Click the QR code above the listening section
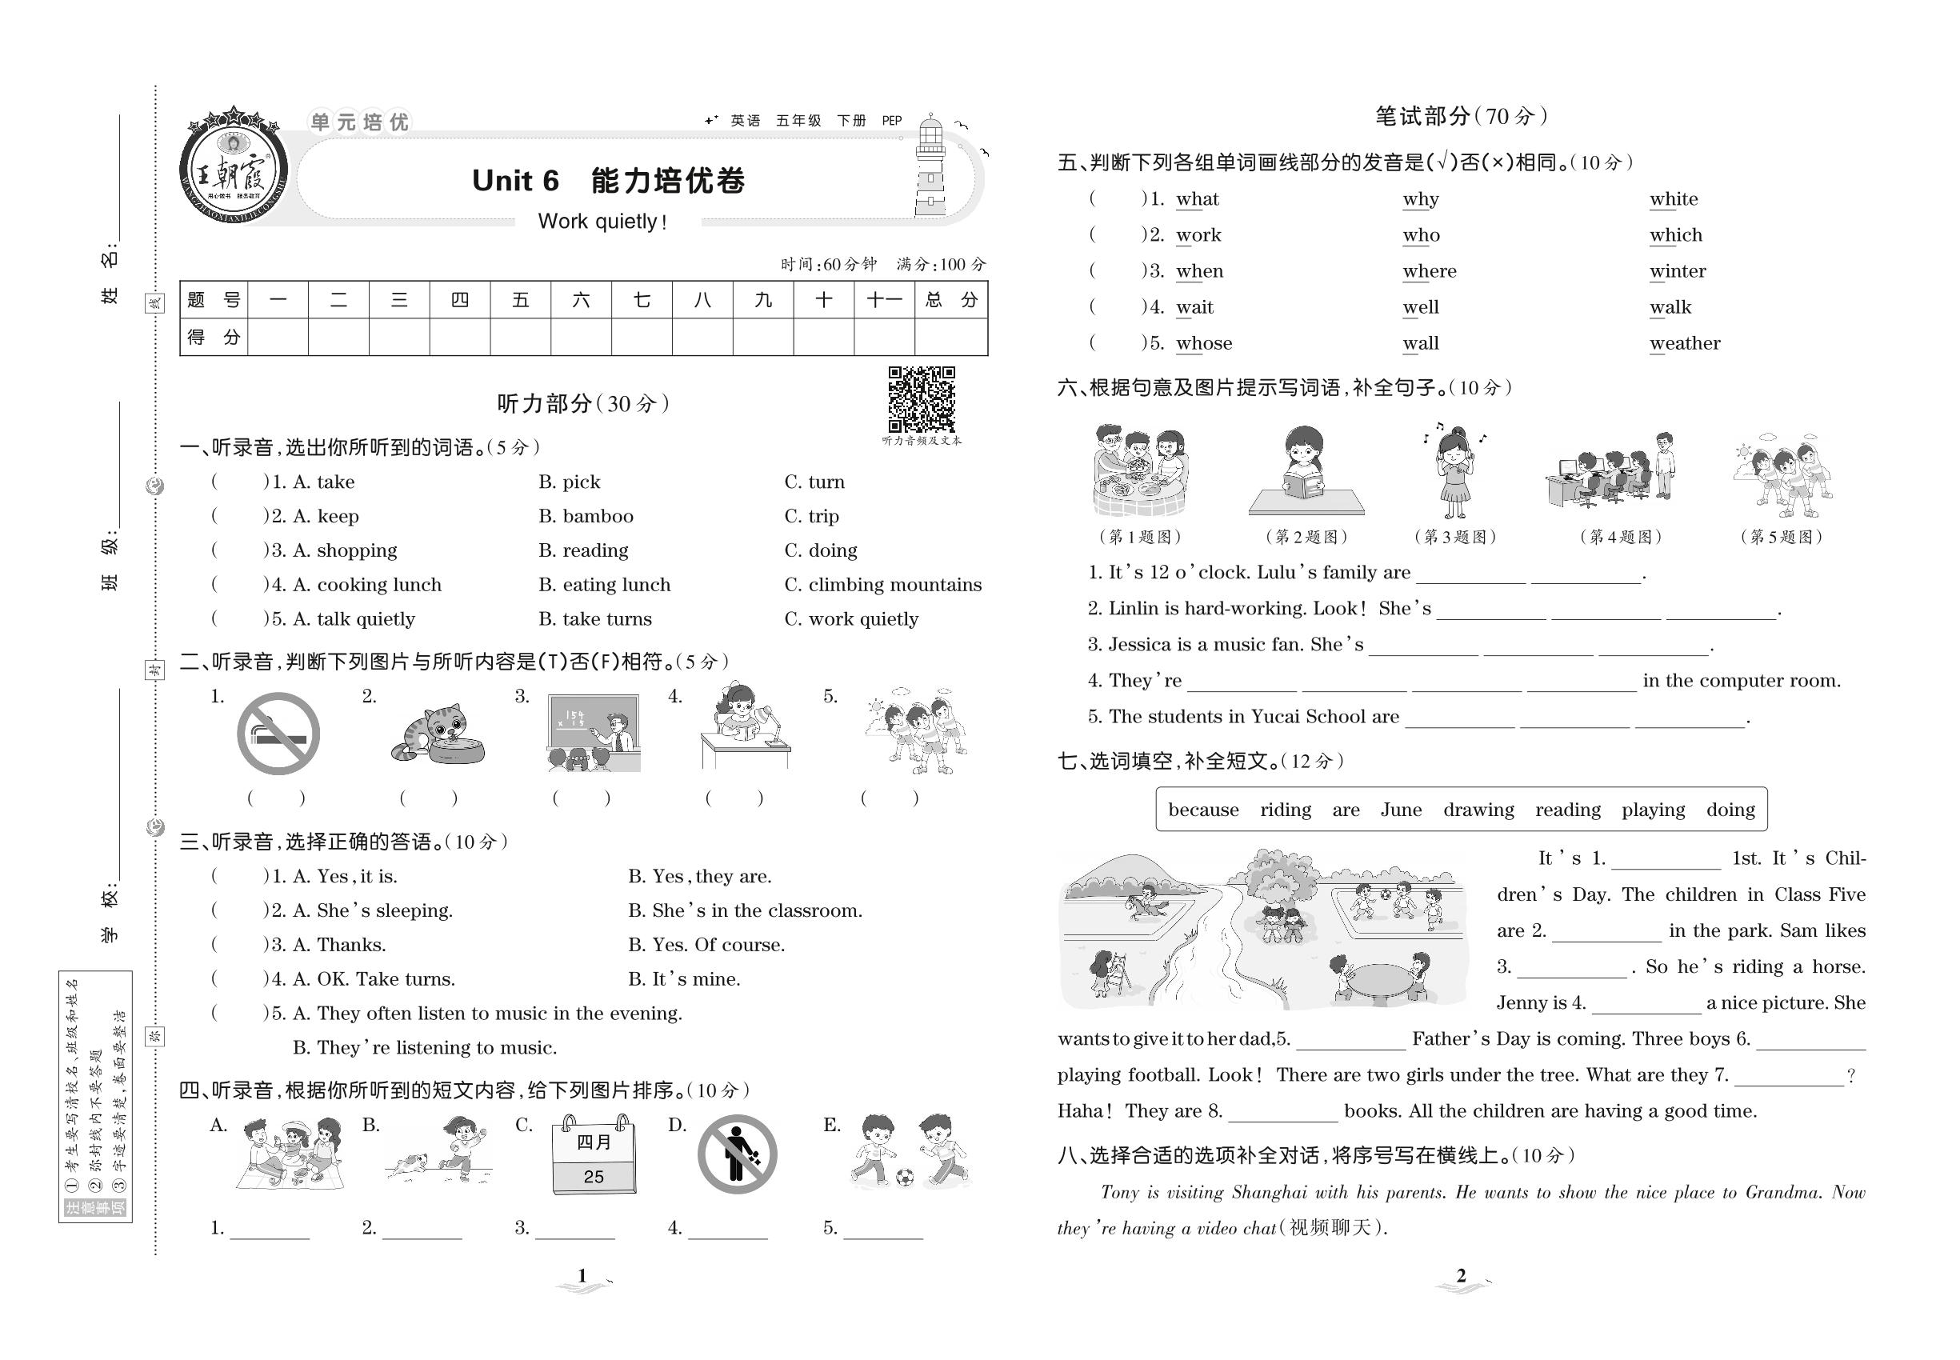click(x=922, y=400)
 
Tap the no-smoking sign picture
click(x=278, y=734)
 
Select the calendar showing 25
click(x=593, y=1156)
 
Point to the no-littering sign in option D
click(x=737, y=1154)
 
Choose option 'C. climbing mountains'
click(x=883, y=585)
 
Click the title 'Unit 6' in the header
click(x=514, y=181)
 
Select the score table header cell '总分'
click(x=951, y=300)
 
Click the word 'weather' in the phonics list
click(x=1685, y=343)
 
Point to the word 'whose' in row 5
click(x=1203, y=343)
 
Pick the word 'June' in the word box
click(x=1401, y=810)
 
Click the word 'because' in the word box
click(x=1203, y=810)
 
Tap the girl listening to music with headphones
click(x=1454, y=470)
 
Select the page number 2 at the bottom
click(x=1461, y=1276)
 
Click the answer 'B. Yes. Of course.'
click(x=706, y=945)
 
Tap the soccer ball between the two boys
click(x=905, y=1177)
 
